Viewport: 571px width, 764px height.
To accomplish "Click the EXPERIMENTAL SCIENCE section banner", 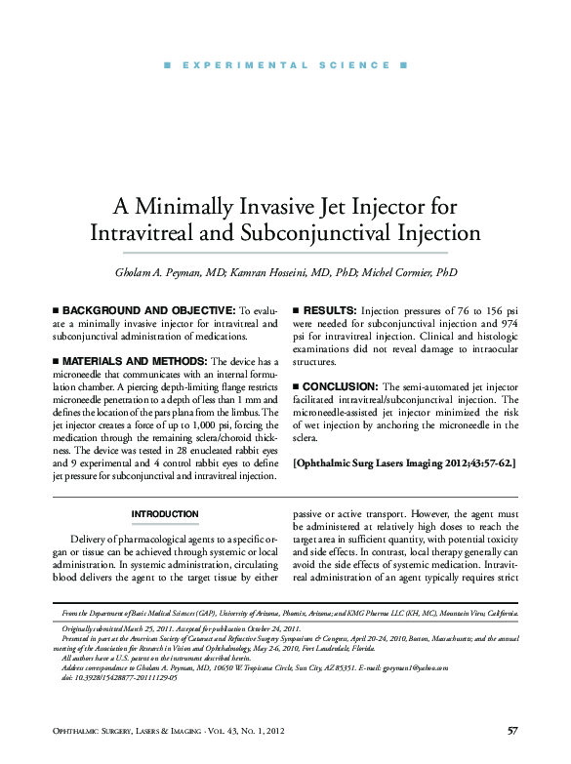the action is point(285,65).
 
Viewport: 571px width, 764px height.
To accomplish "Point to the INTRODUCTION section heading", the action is point(165,514).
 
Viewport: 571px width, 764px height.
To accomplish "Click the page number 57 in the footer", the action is point(512,731).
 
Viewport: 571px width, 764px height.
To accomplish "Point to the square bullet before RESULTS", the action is point(296,307).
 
